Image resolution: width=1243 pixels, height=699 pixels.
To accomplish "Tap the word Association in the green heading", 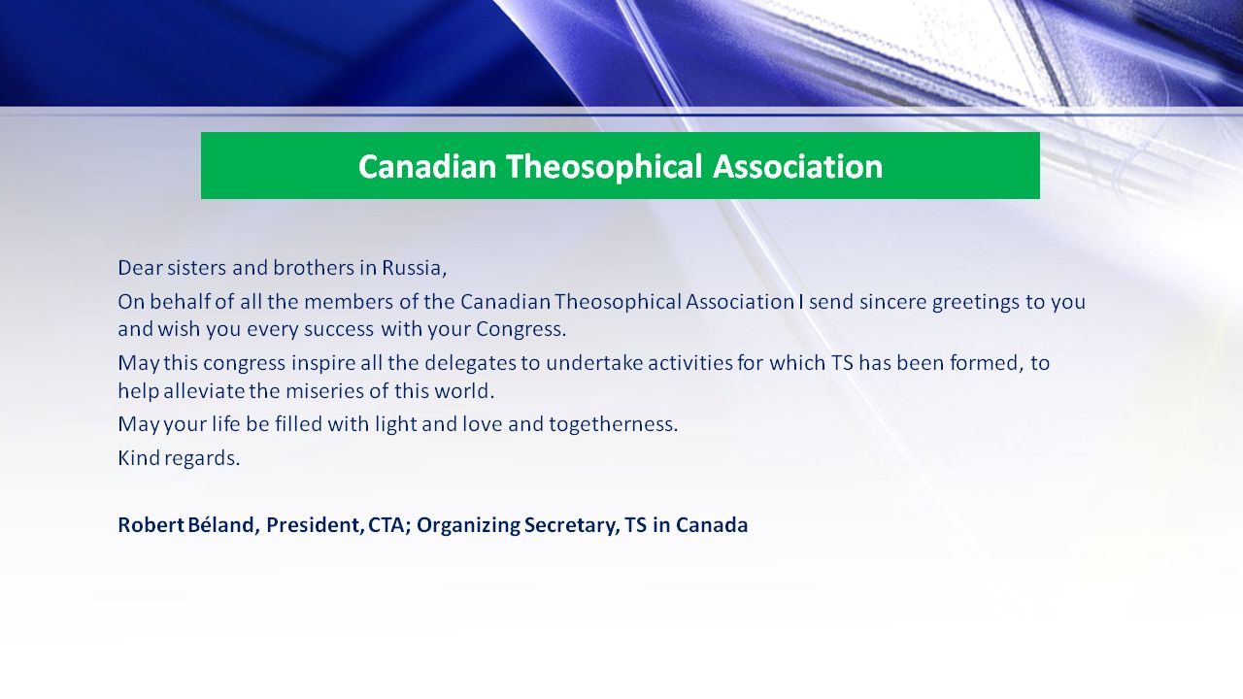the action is (x=798, y=166).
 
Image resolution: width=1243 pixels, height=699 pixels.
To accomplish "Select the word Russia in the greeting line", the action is (x=414, y=269).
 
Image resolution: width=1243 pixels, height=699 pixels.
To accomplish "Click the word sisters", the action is (x=197, y=268).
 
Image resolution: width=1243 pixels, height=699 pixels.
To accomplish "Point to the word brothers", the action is (x=314, y=268).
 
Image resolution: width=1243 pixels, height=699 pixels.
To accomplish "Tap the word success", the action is (x=339, y=329).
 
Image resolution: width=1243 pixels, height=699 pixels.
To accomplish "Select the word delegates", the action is (x=471, y=364).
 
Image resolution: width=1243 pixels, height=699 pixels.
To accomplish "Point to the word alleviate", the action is (x=204, y=391).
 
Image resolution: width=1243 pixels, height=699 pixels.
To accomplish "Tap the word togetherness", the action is (x=614, y=425).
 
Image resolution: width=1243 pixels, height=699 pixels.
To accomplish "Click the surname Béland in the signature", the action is (x=223, y=525).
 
